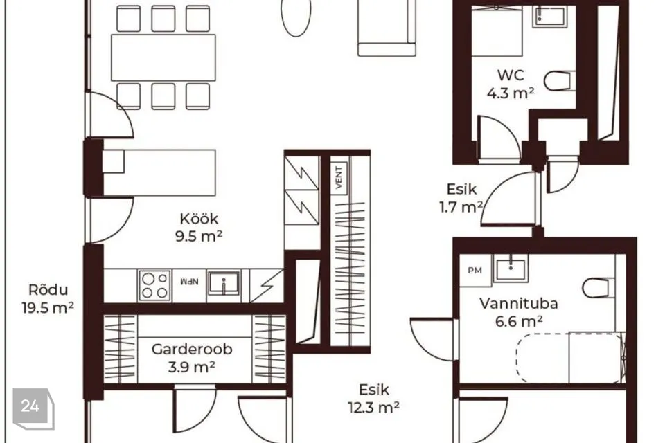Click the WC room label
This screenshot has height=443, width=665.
pyautogui.click(x=511, y=75)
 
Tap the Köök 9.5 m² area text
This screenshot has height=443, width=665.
pyautogui.click(x=199, y=236)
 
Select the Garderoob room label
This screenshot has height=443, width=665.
pyautogui.click(x=192, y=350)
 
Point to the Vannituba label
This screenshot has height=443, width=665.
pyautogui.click(x=519, y=304)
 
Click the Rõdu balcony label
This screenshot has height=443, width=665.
pyautogui.click(x=48, y=290)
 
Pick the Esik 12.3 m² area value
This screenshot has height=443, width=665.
pyautogui.click(x=373, y=408)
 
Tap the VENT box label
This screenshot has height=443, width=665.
pyautogui.click(x=339, y=177)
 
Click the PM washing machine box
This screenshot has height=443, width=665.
pyautogui.click(x=475, y=270)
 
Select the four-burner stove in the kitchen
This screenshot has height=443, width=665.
pyautogui.click(x=154, y=286)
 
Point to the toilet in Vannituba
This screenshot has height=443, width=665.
pyautogui.click(x=598, y=288)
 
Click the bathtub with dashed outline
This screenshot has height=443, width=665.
pyautogui.click(x=569, y=359)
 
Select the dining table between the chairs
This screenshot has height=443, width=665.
pyautogui.click(x=163, y=57)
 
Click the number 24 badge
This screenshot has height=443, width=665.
pyautogui.click(x=30, y=406)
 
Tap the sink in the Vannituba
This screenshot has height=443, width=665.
pyautogui.click(x=511, y=269)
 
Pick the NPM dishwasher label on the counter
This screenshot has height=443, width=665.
pyautogui.click(x=190, y=282)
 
